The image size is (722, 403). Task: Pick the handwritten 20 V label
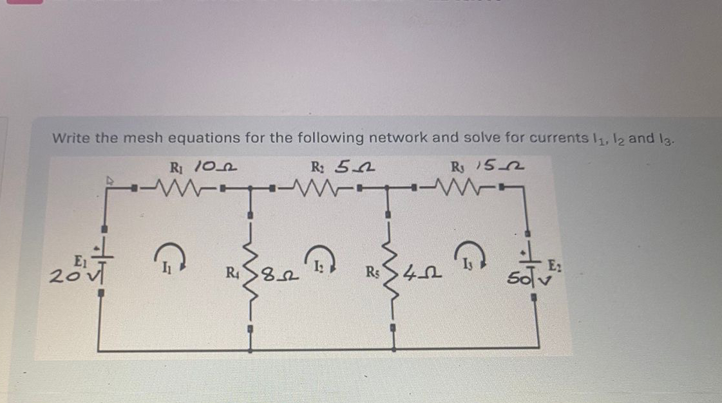[x=64, y=280]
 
